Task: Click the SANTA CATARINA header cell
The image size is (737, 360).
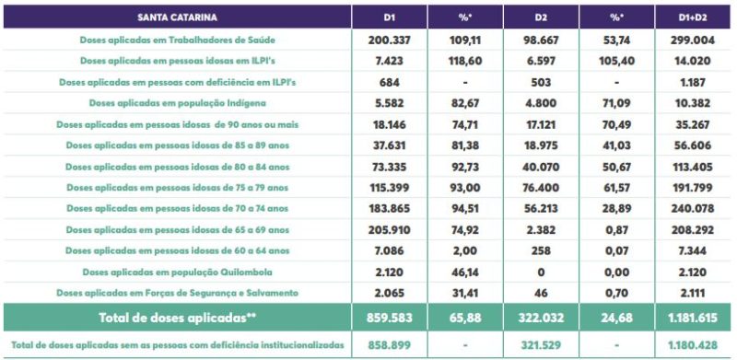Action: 179,17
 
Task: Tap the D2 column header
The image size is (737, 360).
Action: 542,17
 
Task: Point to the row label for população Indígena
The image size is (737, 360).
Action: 179,103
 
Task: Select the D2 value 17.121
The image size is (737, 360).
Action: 542,124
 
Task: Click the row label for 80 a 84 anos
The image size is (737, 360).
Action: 179,167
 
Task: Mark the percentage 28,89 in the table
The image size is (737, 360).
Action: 617,208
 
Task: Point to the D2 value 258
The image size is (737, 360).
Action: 542,250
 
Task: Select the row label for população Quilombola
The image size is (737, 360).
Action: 179,272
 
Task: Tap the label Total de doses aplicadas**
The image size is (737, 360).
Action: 179,318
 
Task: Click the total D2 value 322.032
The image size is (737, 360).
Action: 542,318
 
